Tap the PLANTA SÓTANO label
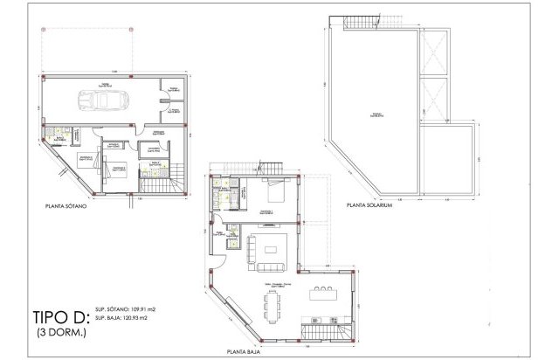tap(67, 209)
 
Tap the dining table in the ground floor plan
tap(266, 307)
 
